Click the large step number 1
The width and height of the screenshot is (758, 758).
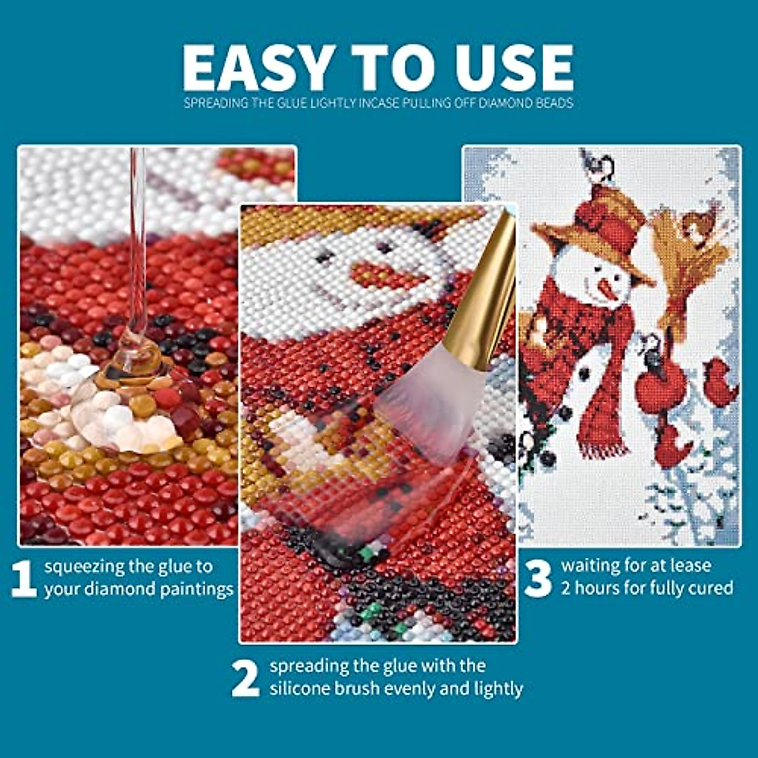click(x=24, y=579)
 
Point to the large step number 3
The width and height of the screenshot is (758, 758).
click(x=538, y=579)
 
